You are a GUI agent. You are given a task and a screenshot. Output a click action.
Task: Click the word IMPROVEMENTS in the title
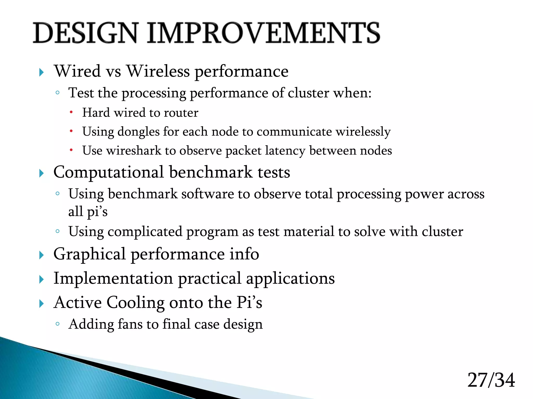tap(263, 33)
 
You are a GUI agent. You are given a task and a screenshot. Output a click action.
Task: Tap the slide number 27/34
tap(491, 380)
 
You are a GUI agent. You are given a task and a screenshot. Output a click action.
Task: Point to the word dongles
tap(138, 132)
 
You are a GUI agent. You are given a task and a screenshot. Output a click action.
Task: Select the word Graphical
tap(90, 254)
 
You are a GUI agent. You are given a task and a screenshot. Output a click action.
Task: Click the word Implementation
tap(113, 278)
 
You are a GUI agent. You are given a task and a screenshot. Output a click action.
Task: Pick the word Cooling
tap(135, 303)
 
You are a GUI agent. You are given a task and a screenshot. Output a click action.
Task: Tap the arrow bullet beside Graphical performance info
tap(41, 255)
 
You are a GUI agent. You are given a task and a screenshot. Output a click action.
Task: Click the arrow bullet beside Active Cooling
tap(41, 304)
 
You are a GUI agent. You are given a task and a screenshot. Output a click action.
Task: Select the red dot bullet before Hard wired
tap(71, 112)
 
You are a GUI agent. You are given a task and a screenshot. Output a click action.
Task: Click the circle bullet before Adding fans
tap(58, 324)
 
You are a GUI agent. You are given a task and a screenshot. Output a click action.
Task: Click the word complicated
tap(145, 231)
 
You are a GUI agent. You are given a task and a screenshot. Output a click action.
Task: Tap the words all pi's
tap(88, 211)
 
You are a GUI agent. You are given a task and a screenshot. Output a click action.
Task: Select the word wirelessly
tap(363, 132)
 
